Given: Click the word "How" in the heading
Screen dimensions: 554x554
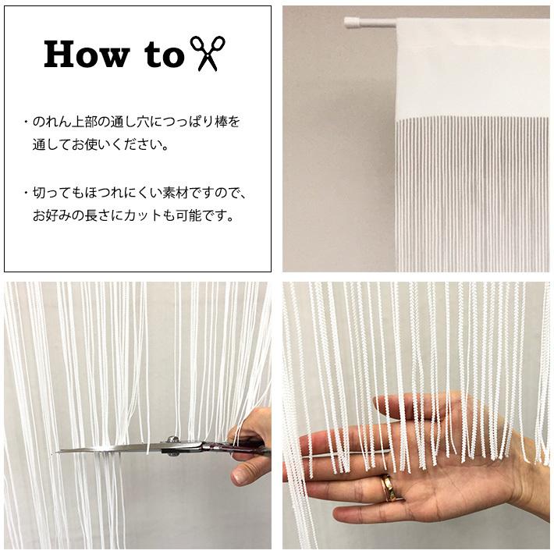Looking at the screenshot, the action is click(87, 54).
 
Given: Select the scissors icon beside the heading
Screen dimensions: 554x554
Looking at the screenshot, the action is click(208, 53).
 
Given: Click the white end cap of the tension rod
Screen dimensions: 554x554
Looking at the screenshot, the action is click(350, 23).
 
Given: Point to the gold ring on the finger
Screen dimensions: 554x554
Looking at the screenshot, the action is click(388, 488).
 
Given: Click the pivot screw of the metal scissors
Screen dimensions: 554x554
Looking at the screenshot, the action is click(172, 440).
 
